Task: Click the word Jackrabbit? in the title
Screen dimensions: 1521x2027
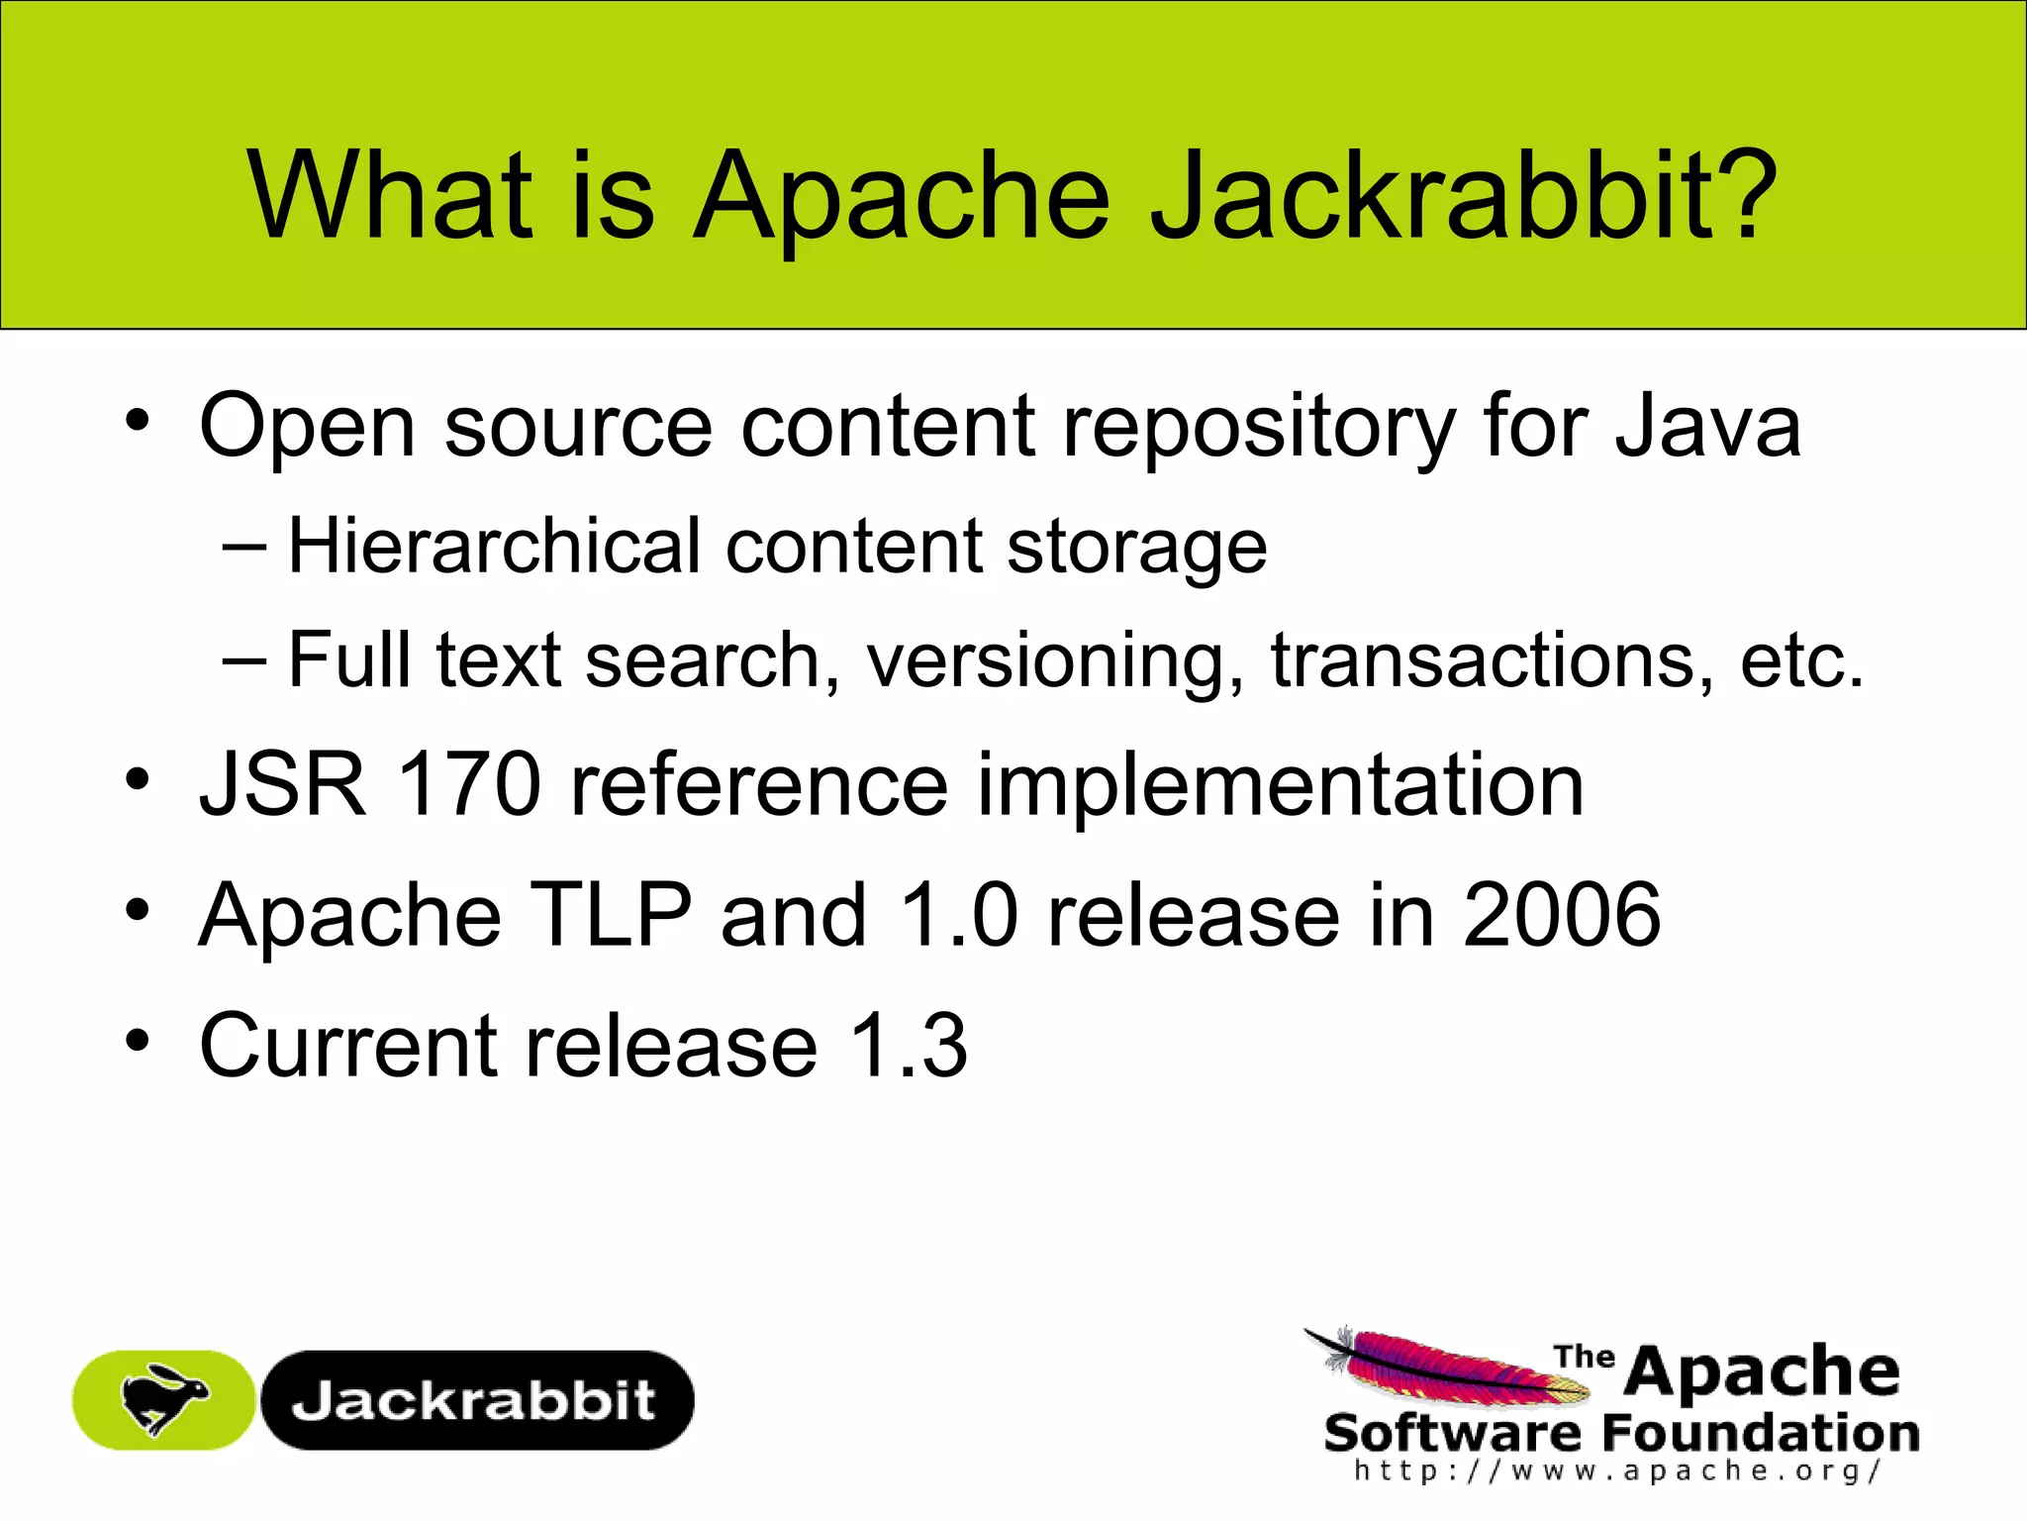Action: click(1465, 195)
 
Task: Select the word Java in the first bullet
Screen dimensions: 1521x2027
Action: click(1707, 426)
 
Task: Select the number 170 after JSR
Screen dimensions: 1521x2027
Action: click(469, 784)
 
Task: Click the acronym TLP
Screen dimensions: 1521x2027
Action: click(611, 915)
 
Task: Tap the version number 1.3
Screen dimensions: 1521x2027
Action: click(909, 1046)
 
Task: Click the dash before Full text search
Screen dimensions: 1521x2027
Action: click(244, 659)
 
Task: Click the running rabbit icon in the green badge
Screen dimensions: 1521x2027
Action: click(164, 1398)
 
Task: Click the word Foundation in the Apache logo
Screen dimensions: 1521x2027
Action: click(1761, 1433)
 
